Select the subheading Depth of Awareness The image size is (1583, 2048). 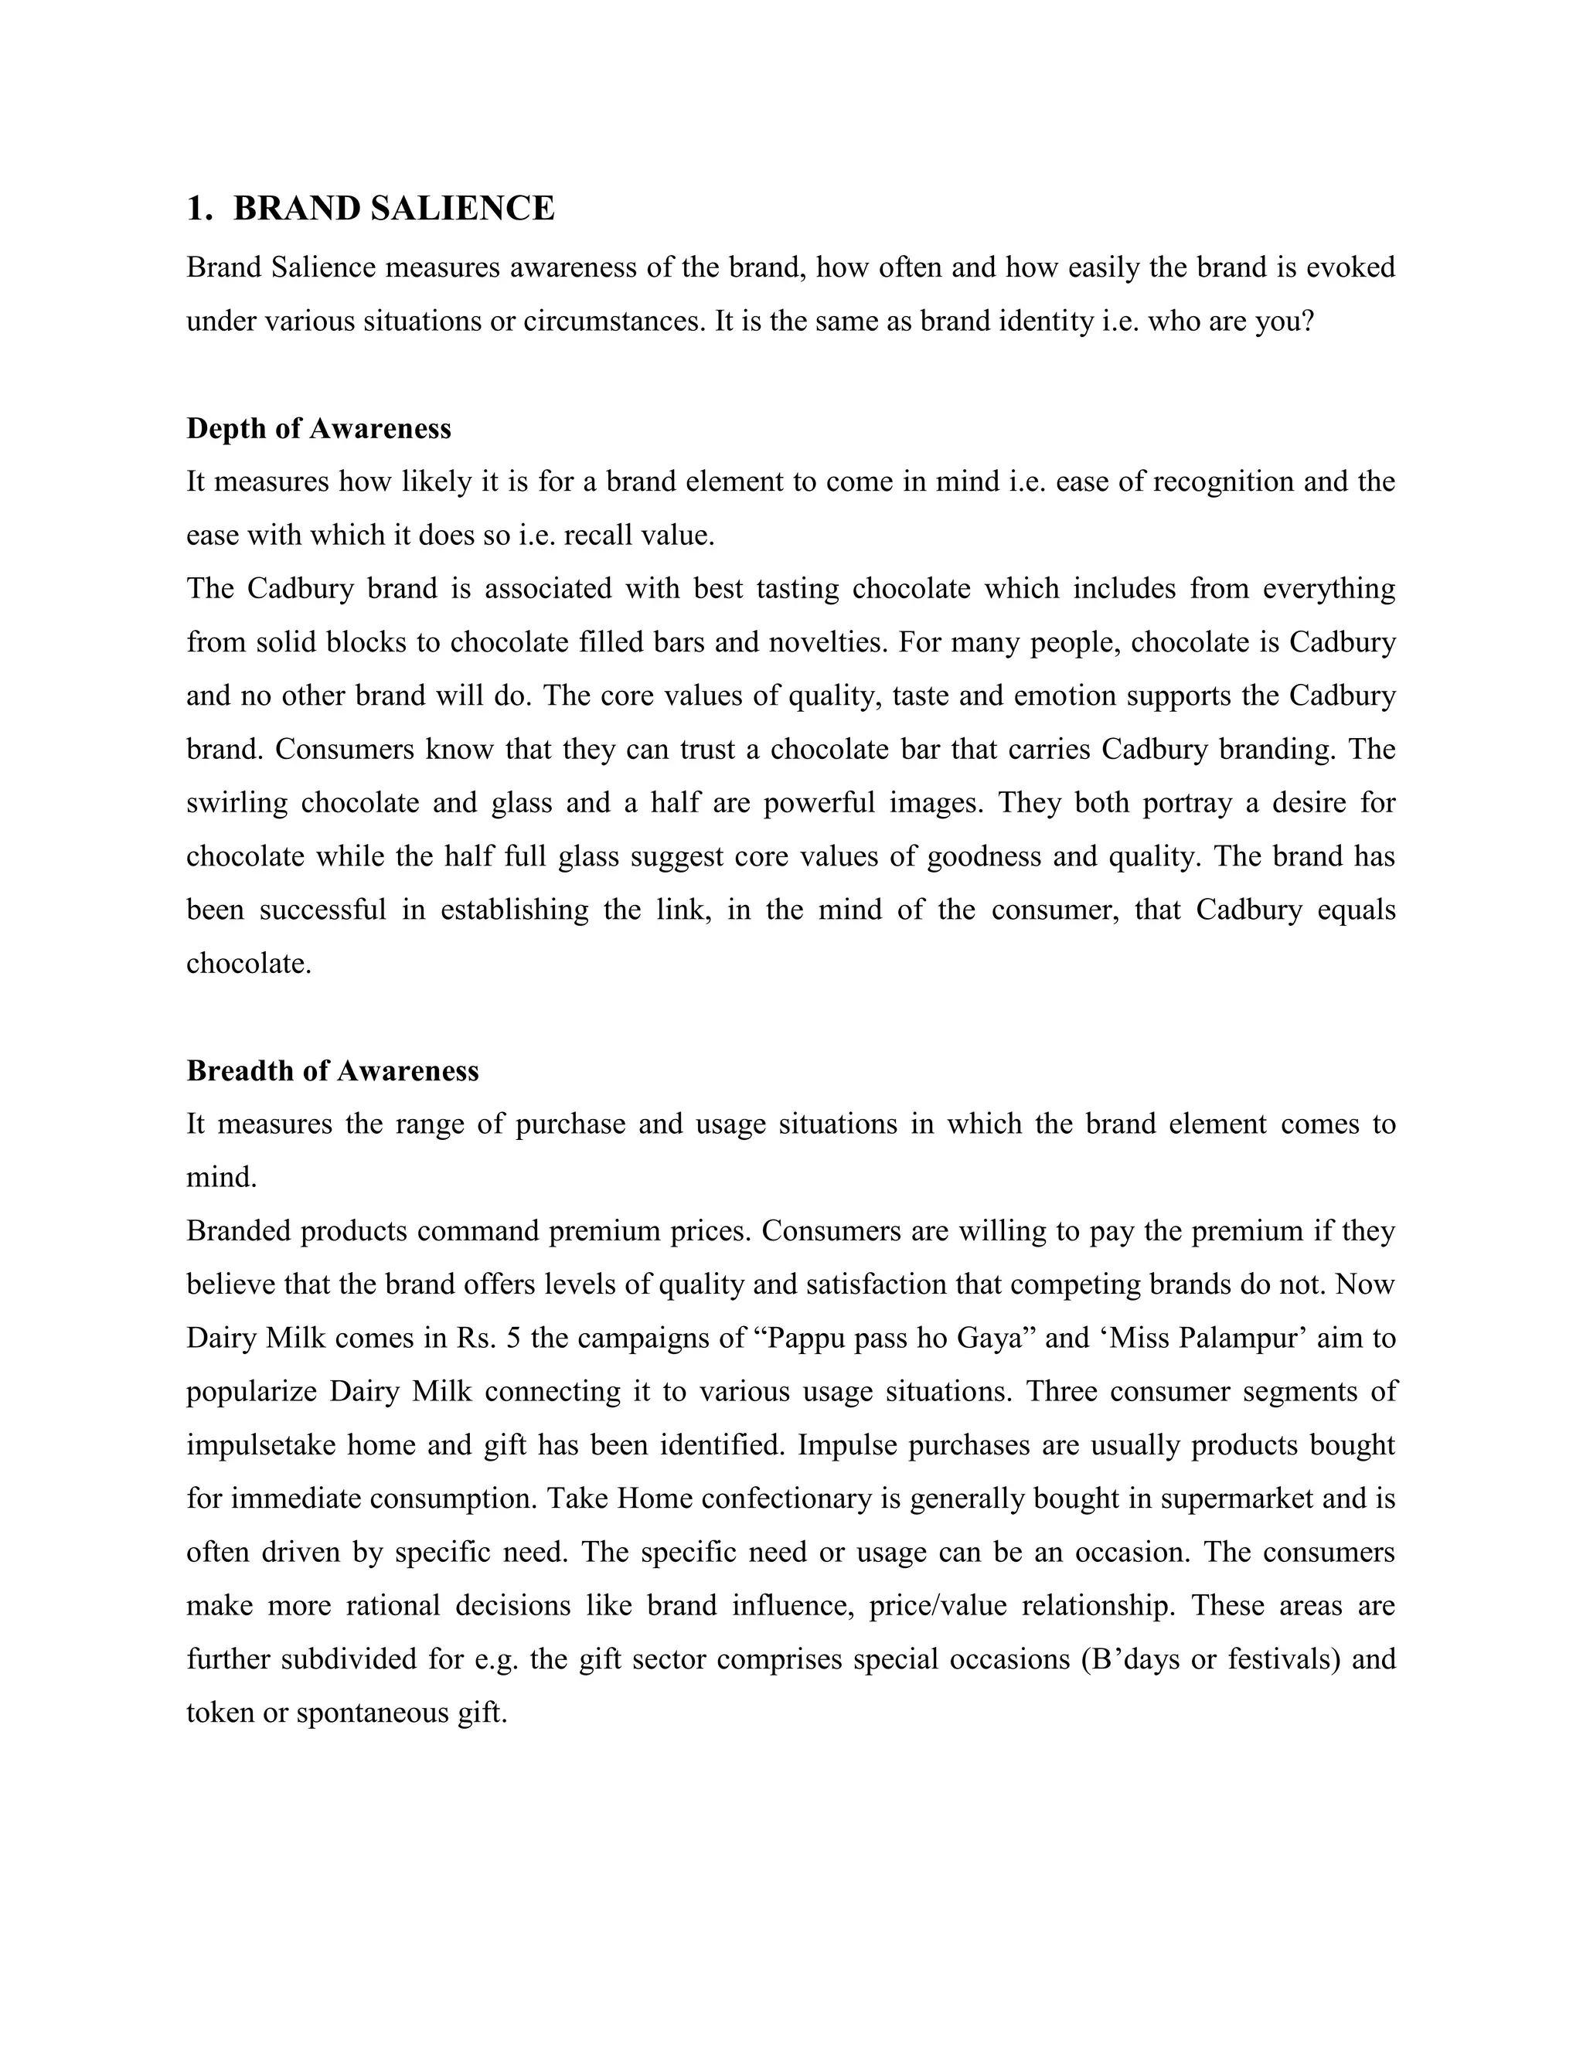pyautogui.click(x=319, y=429)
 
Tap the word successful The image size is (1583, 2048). pyautogui.click(x=322, y=910)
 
